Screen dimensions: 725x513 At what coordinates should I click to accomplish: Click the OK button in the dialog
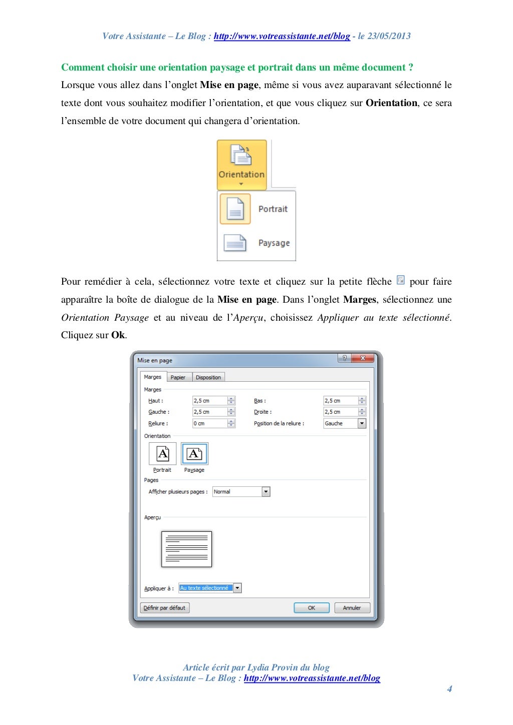coord(311,608)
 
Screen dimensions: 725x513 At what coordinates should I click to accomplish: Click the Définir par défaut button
coord(164,608)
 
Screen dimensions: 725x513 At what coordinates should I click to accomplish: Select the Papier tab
coord(178,377)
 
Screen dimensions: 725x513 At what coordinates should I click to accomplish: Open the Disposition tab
coord(208,377)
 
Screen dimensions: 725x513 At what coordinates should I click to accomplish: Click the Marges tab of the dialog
coord(153,377)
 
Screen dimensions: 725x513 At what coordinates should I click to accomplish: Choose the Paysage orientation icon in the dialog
coord(194,454)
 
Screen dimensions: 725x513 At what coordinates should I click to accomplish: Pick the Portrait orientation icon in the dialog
coord(163,454)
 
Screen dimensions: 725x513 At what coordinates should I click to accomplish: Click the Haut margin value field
coord(209,401)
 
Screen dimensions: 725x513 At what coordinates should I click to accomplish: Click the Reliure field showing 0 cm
coord(209,423)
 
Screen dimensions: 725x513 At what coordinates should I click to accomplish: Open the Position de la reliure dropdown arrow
coord(362,423)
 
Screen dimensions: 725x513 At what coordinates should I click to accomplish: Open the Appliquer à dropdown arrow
coord(237,588)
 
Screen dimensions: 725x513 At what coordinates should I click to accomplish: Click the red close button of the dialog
coord(363,358)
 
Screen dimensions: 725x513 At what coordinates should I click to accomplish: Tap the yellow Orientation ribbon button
coord(241,164)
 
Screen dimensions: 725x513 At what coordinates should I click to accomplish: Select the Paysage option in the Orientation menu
coord(256,243)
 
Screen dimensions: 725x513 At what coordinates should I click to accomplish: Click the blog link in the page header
coord(282,36)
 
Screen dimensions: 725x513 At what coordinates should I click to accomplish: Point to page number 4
coord(449,689)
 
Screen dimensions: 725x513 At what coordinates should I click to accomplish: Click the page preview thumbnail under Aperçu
coord(186,549)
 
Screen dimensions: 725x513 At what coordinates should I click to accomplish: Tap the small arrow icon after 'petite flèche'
coord(400,280)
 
